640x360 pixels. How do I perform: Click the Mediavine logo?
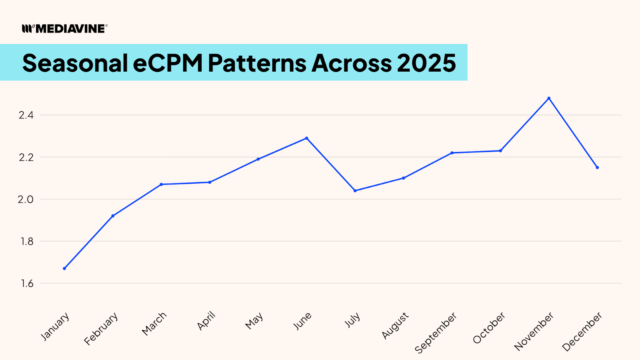pos(65,28)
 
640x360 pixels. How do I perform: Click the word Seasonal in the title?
pos(75,63)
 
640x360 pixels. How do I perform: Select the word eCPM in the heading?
pos(168,63)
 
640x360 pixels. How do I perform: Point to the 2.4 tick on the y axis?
pos(26,115)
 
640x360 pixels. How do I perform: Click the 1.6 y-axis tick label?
pos(26,284)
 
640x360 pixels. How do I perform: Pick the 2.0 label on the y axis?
pos(26,199)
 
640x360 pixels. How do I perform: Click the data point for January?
pos(64,268)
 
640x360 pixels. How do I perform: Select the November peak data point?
pos(549,98)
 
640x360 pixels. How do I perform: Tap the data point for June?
pos(307,138)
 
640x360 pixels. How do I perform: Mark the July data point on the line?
pos(355,190)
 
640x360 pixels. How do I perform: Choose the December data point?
pos(597,168)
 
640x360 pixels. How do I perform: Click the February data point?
pos(113,216)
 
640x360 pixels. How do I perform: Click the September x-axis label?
pos(436,333)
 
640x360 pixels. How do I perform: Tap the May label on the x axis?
pos(254,321)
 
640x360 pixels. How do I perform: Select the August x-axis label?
pos(395,325)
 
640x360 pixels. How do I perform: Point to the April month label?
pos(206,320)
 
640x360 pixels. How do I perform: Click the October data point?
pos(500,151)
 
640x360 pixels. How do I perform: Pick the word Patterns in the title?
pos(257,63)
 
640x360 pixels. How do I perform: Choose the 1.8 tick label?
pos(26,241)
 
